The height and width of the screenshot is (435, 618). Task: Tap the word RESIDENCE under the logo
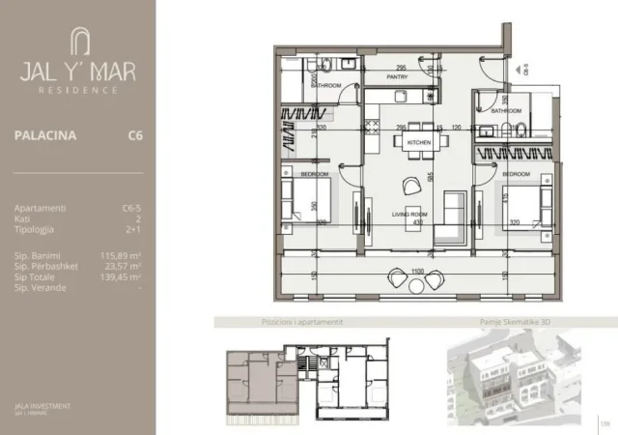pos(78,89)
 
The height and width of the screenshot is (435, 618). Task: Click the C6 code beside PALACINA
pos(135,136)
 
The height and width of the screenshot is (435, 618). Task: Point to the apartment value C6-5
pos(132,207)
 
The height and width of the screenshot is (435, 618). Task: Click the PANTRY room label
pos(397,76)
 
